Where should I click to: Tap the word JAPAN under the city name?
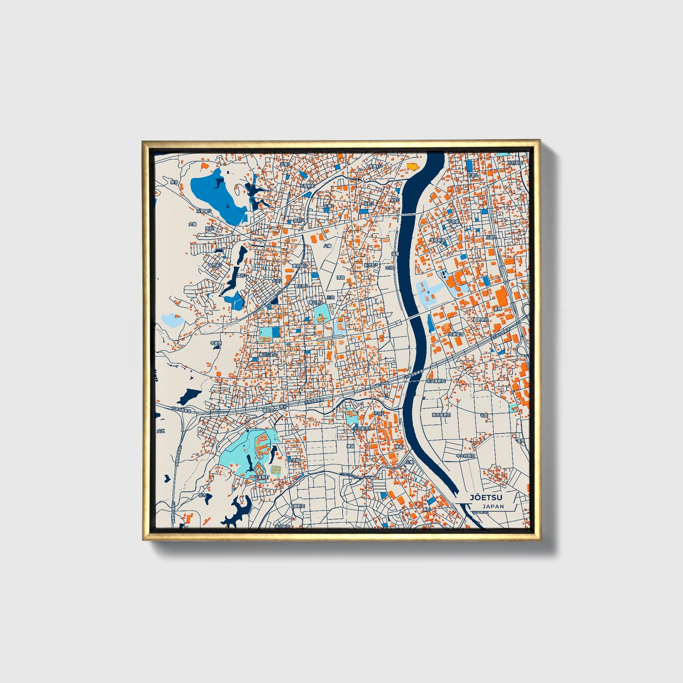tap(493, 506)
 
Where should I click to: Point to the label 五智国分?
tap(205, 211)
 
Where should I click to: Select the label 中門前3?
tap(215, 265)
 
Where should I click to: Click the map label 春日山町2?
tap(268, 354)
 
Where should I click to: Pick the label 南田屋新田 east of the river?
tap(441, 415)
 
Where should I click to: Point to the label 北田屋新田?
tap(436, 380)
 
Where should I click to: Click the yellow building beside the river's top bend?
tap(413, 166)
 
